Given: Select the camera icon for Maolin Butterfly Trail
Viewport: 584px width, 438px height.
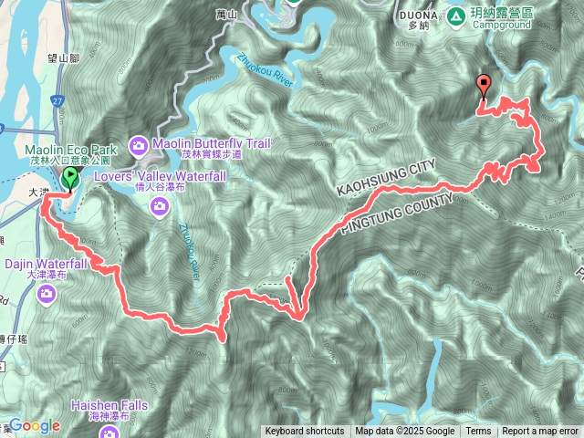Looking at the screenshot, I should click(x=139, y=144).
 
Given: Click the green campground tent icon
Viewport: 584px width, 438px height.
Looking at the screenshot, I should click(x=454, y=16).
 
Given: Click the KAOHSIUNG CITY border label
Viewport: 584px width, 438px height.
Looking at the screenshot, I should click(x=386, y=177).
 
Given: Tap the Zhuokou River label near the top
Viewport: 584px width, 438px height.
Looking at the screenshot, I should click(x=265, y=74).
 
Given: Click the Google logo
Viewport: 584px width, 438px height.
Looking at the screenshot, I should click(x=34, y=425).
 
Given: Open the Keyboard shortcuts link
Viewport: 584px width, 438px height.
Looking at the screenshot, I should click(x=305, y=432).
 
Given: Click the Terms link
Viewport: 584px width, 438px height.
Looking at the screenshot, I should click(x=478, y=432).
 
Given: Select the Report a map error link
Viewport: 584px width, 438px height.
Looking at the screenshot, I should click(x=541, y=432).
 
